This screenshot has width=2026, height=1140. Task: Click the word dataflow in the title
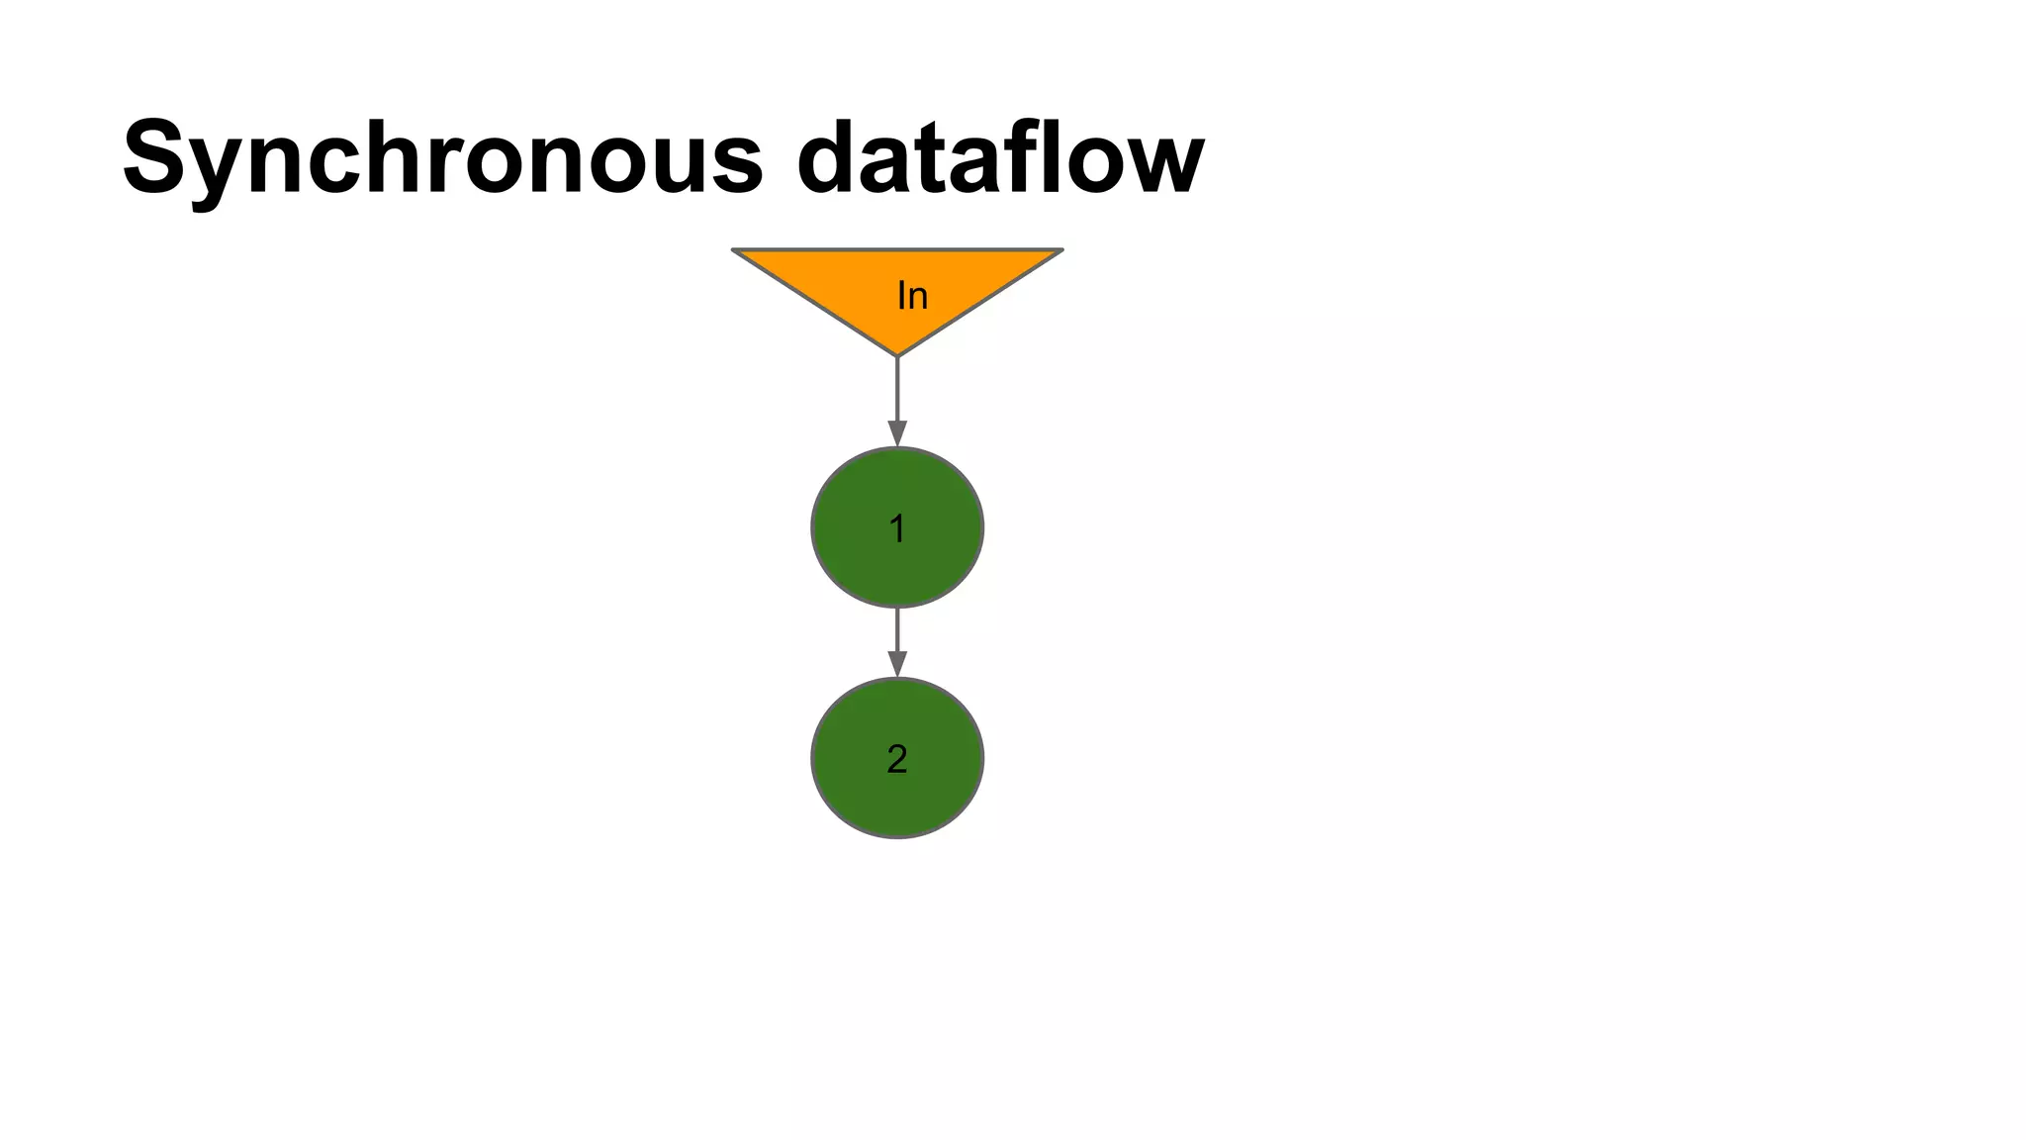[x=1000, y=158]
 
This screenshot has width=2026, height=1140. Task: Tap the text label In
[x=912, y=295]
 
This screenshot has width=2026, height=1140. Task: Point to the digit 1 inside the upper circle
[x=897, y=528]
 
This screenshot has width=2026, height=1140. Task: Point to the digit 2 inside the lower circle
[x=897, y=759]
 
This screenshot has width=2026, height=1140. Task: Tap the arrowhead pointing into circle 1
[x=897, y=434]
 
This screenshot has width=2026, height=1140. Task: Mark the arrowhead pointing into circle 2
[x=897, y=664]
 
